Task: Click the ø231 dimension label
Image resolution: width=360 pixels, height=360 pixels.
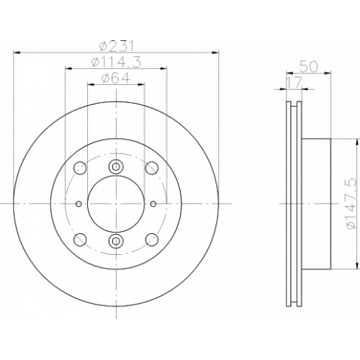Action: click(x=116, y=46)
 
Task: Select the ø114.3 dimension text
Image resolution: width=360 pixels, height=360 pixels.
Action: click(x=116, y=62)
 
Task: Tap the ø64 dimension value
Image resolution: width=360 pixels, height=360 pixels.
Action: click(x=116, y=78)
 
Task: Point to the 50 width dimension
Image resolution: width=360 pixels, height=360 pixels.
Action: click(x=309, y=67)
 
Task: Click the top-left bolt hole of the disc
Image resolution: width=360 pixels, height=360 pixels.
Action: click(x=80, y=168)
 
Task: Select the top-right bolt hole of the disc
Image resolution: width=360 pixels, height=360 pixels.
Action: click(x=152, y=168)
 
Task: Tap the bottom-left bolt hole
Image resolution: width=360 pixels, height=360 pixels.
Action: click(x=80, y=240)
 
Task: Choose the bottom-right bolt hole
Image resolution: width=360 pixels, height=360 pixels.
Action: click(x=152, y=240)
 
